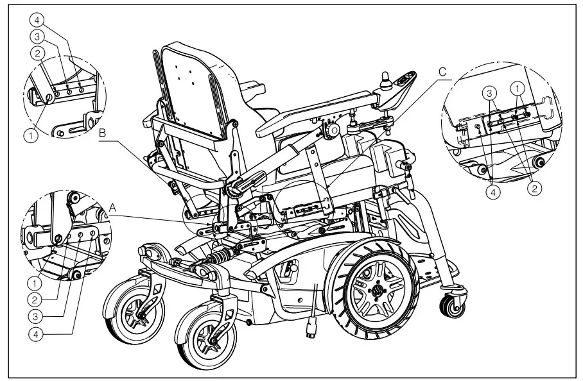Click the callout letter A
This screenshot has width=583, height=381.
(x=114, y=208)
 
